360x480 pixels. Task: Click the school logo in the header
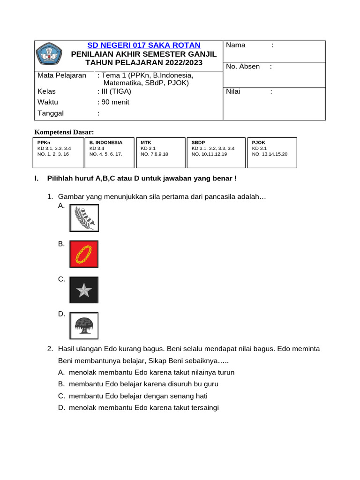pyautogui.click(x=49, y=55)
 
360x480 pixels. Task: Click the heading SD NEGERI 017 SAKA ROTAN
pyautogui.click(x=144, y=45)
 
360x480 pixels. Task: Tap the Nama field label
pyautogui.click(x=236, y=45)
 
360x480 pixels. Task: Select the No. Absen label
pyautogui.click(x=242, y=67)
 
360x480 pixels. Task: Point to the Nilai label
pyautogui.click(x=233, y=91)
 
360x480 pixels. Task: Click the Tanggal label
pyautogui.click(x=50, y=113)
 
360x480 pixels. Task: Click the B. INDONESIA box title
pyautogui.click(x=106, y=142)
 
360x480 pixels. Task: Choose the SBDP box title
pyautogui.click(x=199, y=142)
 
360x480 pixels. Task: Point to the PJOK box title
pyautogui.click(x=258, y=142)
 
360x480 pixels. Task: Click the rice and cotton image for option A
pyautogui.click(x=84, y=218)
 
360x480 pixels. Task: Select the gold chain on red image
pyautogui.click(x=84, y=254)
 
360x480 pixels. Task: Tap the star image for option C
pyautogui.click(x=84, y=290)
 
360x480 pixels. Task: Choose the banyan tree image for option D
pyautogui.click(x=84, y=326)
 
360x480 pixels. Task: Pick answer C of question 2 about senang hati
pyautogui.click(x=138, y=396)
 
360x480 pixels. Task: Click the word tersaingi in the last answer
pyautogui.click(x=203, y=408)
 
